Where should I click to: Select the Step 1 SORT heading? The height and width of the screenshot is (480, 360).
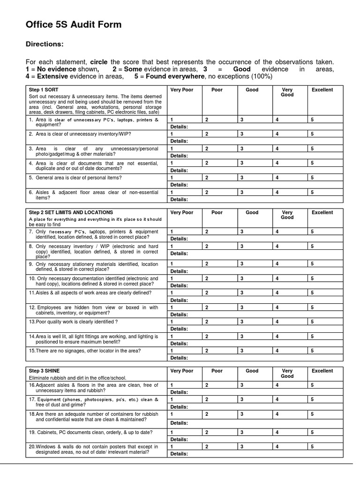[x=44, y=90]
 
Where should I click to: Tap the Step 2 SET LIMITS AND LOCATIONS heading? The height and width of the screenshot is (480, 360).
[x=71, y=212]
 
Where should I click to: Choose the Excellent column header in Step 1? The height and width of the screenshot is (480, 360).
[x=322, y=90]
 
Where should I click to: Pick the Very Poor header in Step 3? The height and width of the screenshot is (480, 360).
[x=182, y=371]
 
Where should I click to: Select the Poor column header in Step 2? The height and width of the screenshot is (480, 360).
[x=217, y=212]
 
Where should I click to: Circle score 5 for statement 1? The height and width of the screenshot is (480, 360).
[x=312, y=120]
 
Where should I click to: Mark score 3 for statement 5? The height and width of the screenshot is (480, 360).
[x=242, y=178]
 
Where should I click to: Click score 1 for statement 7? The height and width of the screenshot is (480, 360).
[x=172, y=231]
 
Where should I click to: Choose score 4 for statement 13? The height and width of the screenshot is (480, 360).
[x=277, y=322]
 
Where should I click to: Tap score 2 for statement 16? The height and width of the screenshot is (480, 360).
[x=207, y=385]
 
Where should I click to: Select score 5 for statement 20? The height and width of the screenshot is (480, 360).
[x=312, y=447]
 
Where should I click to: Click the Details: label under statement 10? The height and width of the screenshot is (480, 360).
[x=179, y=285]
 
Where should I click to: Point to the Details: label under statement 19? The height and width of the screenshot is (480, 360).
[x=179, y=439]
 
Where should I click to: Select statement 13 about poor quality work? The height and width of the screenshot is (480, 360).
[x=73, y=322]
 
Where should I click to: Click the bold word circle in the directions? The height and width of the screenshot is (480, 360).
[x=98, y=62]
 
